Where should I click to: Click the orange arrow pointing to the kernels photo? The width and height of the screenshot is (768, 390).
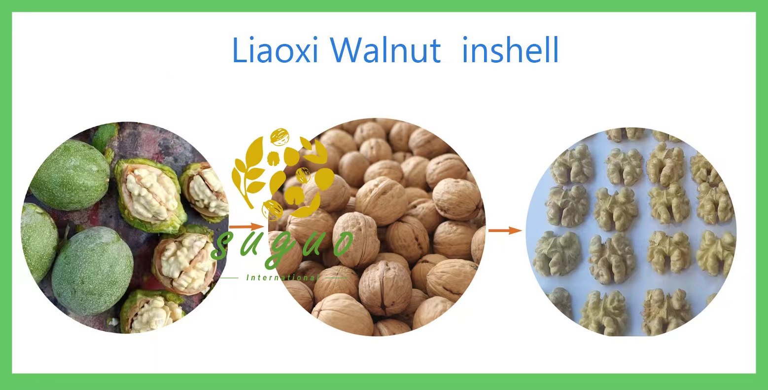point(505,231)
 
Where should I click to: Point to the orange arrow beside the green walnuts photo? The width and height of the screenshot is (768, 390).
point(247,227)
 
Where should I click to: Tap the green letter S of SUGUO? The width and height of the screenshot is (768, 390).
point(223,246)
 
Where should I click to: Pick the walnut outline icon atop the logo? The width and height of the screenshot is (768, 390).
point(279,136)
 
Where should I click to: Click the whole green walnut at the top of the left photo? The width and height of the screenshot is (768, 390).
point(70,174)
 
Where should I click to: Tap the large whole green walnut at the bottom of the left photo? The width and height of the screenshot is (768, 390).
point(92,271)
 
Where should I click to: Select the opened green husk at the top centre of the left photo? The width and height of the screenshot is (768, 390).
point(150,195)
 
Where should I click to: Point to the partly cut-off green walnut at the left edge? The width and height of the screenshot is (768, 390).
point(37,242)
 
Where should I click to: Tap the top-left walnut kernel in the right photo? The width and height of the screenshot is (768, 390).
point(571,165)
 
